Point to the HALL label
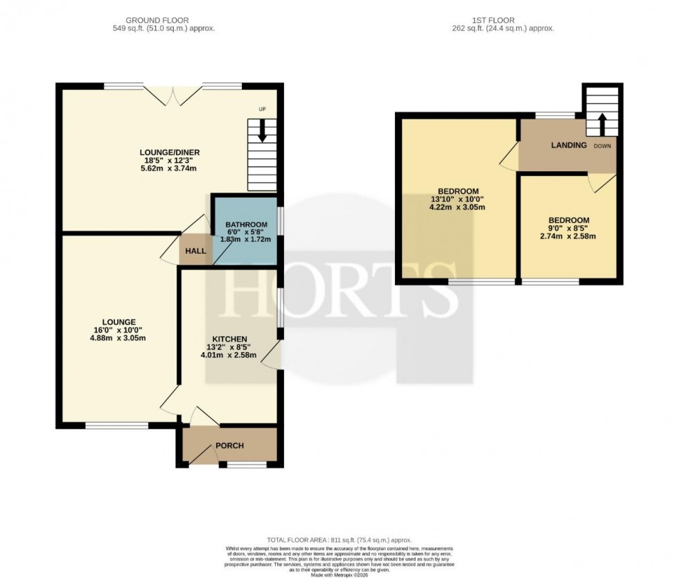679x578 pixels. point(196,251)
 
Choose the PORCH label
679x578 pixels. point(229,446)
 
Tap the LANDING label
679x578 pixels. point(569,146)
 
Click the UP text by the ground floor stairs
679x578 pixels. point(262,110)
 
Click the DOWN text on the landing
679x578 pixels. point(601,146)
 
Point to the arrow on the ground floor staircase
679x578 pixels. point(262,132)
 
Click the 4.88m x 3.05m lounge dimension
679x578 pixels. point(118,338)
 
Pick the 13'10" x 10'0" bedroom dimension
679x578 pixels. point(458,199)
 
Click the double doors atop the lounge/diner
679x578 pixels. point(170,95)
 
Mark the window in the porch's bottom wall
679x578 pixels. point(247,465)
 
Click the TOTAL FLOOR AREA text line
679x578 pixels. point(339,540)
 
